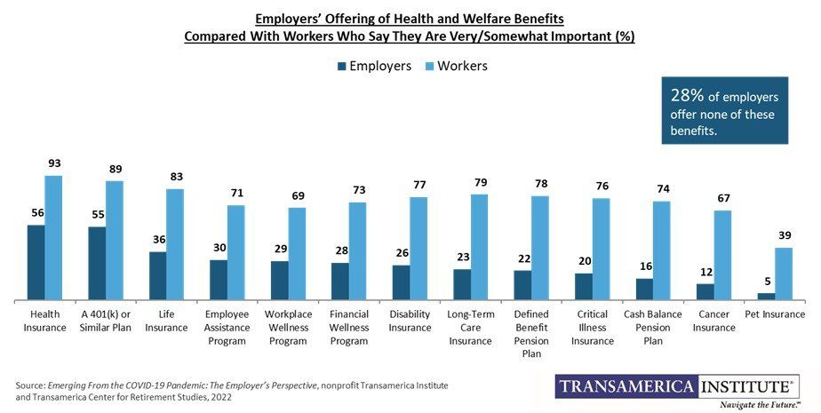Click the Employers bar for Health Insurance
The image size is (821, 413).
(x=36, y=263)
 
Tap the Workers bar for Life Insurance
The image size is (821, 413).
(x=176, y=244)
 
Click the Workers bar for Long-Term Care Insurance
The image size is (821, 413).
(x=480, y=247)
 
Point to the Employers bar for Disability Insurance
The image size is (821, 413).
(x=401, y=282)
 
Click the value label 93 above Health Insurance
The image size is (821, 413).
(x=54, y=164)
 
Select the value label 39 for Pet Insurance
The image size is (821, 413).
(x=784, y=236)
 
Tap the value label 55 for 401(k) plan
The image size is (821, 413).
(x=97, y=215)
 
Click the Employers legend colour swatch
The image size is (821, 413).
(x=341, y=66)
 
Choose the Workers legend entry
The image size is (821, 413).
(x=456, y=66)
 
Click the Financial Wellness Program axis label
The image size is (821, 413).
(x=349, y=328)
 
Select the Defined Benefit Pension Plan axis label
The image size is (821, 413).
(x=531, y=334)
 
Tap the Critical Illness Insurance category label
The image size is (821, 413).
(x=593, y=328)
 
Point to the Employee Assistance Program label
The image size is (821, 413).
(x=227, y=328)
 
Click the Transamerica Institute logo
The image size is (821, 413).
(x=677, y=388)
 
